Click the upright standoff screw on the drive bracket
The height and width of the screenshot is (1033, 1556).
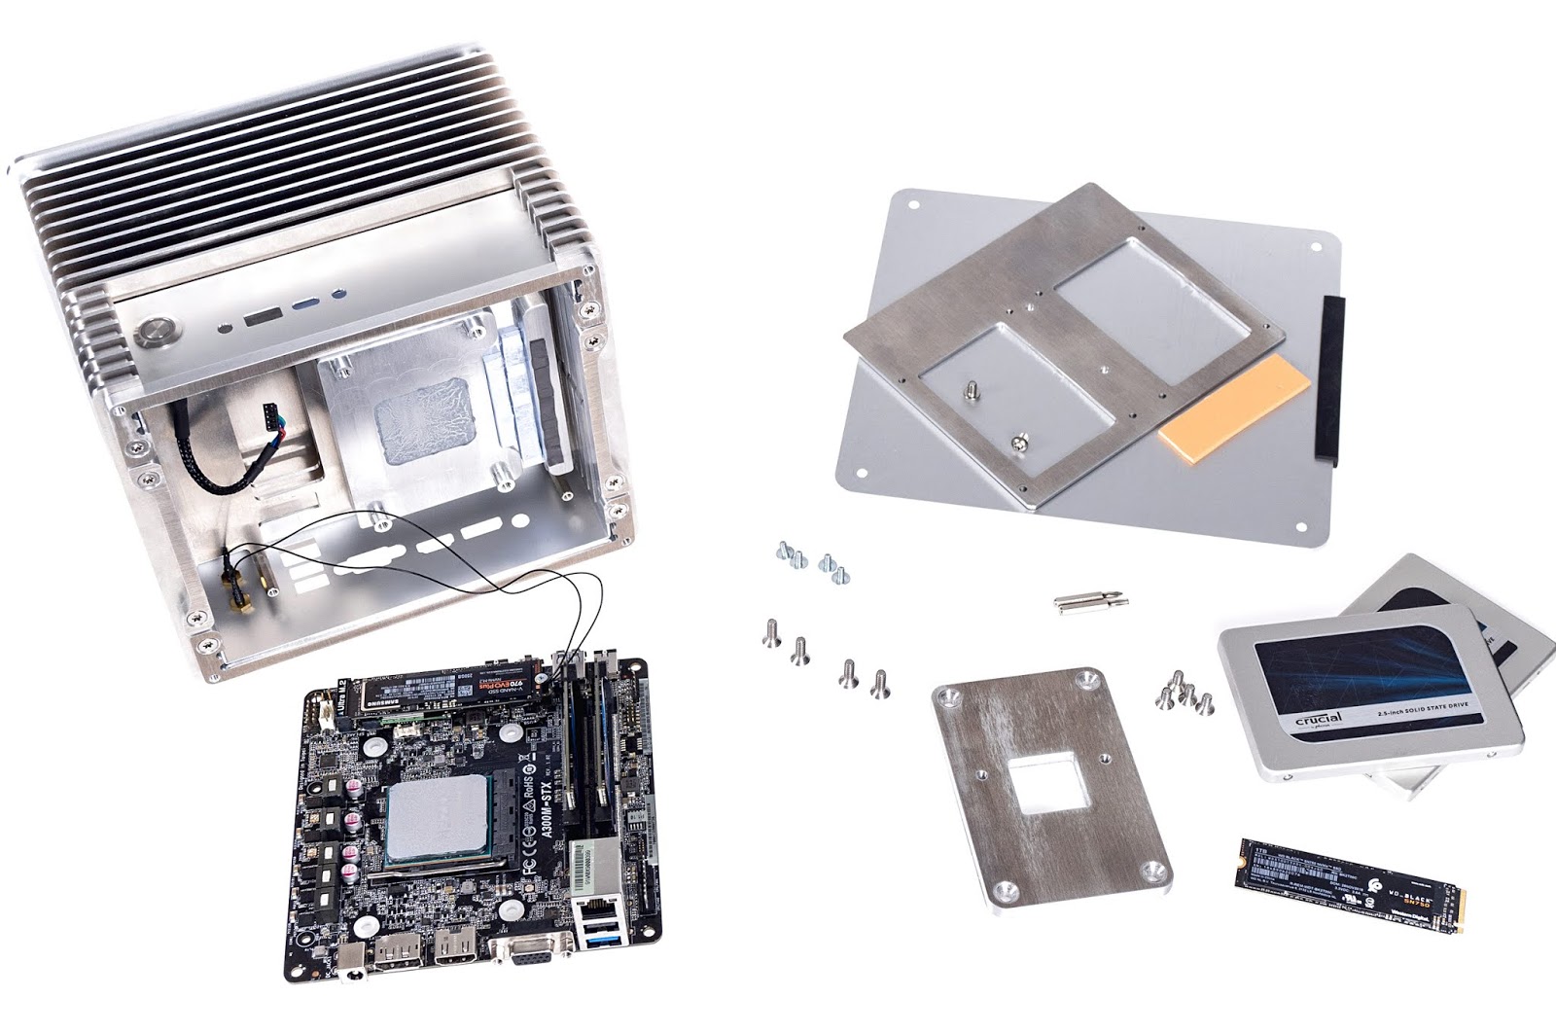[970, 393]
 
